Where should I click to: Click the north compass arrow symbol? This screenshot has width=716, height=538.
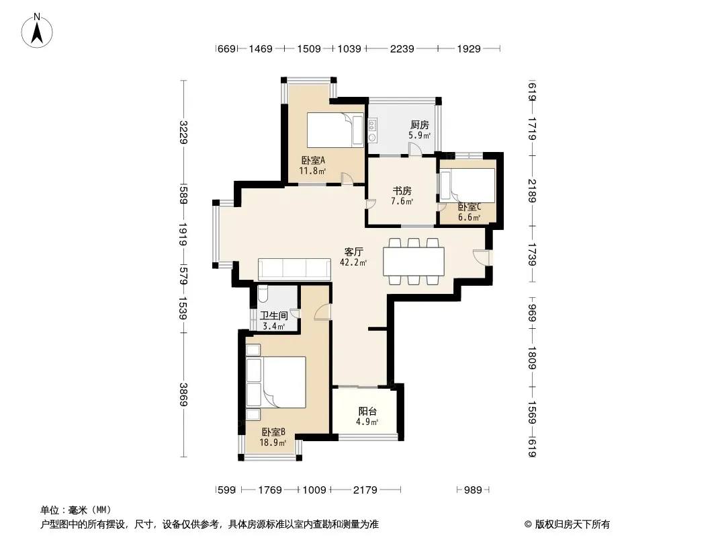click(38, 30)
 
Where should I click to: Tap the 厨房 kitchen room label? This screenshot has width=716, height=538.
click(420, 125)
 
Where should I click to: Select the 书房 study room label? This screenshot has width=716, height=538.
click(402, 190)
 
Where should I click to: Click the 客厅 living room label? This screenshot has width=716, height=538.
click(353, 251)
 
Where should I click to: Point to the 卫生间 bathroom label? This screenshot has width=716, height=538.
click(273, 315)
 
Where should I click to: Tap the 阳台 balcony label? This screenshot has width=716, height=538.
click(367, 411)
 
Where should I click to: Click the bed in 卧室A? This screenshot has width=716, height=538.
click(334, 130)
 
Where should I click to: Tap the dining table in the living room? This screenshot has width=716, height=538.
click(414, 262)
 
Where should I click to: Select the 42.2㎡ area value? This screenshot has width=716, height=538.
click(353, 263)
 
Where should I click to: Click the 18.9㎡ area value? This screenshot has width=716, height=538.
click(273, 443)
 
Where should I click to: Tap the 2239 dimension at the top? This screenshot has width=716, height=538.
click(402, 48)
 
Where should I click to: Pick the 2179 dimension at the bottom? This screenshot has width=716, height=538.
click(365, 490)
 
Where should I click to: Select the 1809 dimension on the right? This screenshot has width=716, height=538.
click(532, 357)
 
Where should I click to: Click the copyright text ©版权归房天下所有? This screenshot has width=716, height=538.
click(563, 524)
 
